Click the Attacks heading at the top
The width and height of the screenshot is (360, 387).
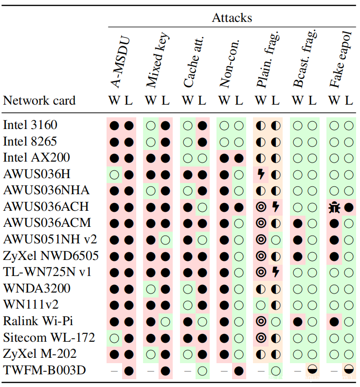pos(232,18)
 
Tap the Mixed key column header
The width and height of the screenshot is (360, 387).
pos(157,60)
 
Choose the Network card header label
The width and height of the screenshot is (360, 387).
pos(39,101)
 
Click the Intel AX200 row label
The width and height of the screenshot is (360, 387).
pos(36,158)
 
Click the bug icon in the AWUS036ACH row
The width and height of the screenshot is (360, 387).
pos(334,207)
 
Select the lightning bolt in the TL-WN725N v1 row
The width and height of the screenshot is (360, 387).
pos(275,272)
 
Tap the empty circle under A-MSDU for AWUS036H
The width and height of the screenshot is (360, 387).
pos(114,174)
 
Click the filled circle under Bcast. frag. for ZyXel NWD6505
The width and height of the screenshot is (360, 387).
pos(298,256)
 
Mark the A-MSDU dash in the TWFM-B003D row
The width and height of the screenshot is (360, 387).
pos(114,370)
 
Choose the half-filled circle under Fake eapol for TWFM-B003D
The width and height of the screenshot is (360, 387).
pos(348,370)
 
